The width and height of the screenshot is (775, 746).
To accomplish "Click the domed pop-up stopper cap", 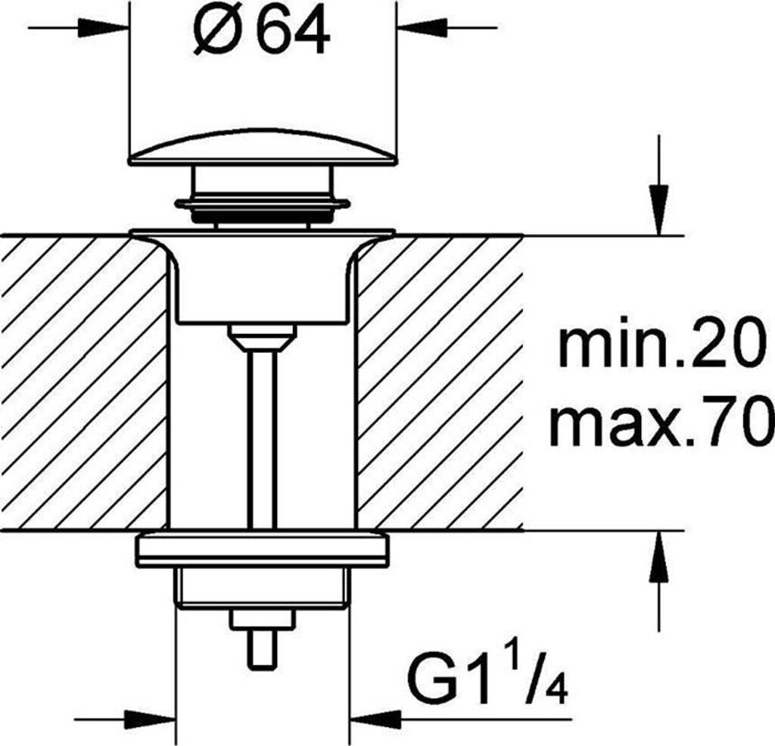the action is coord(262,147).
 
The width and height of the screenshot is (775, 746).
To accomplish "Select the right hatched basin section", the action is coord(439,382).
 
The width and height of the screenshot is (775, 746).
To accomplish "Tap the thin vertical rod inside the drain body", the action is coord(262,439).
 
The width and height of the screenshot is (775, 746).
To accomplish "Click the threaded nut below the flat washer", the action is coord(262,587).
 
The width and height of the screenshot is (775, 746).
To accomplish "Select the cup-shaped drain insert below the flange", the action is coord(262,280).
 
